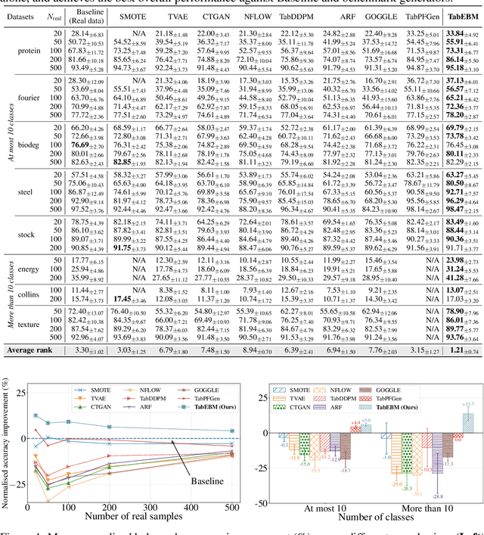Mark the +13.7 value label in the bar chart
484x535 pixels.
(x=469, y=404)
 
